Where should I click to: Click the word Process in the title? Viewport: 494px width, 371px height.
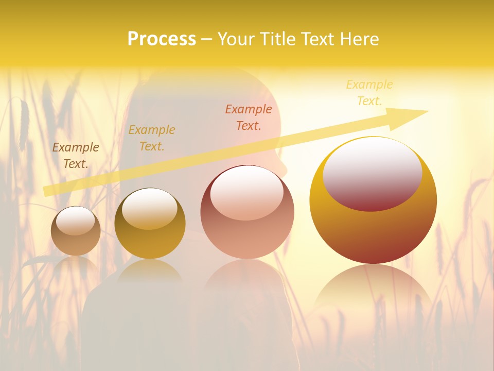pyautogui.click(x=162, y=39)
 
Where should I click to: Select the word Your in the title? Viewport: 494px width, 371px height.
pyautogui.click(x=237, y=39)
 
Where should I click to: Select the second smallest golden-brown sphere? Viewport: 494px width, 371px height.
pyautogui.click(x=150, y=224)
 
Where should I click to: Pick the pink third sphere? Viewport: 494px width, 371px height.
pyautogui.click(x=247, y=212)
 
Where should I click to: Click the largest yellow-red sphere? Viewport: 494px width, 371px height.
pyautogui.click(x=373, y=201)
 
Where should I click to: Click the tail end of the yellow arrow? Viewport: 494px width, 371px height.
pyautogui.click(x=46, y=191)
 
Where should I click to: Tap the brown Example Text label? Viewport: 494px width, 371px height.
pyautogui.click(x=76, y=156)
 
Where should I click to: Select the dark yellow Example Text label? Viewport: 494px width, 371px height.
pyautogui.click(x=152, y=138)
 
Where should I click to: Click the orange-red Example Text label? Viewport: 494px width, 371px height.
pyautogui.click(x=249, y=117)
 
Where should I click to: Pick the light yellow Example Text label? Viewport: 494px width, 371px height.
pyautogui.click(x=369, y=92)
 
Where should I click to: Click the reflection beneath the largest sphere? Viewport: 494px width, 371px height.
pyautogui.click(x=373, y=289)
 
